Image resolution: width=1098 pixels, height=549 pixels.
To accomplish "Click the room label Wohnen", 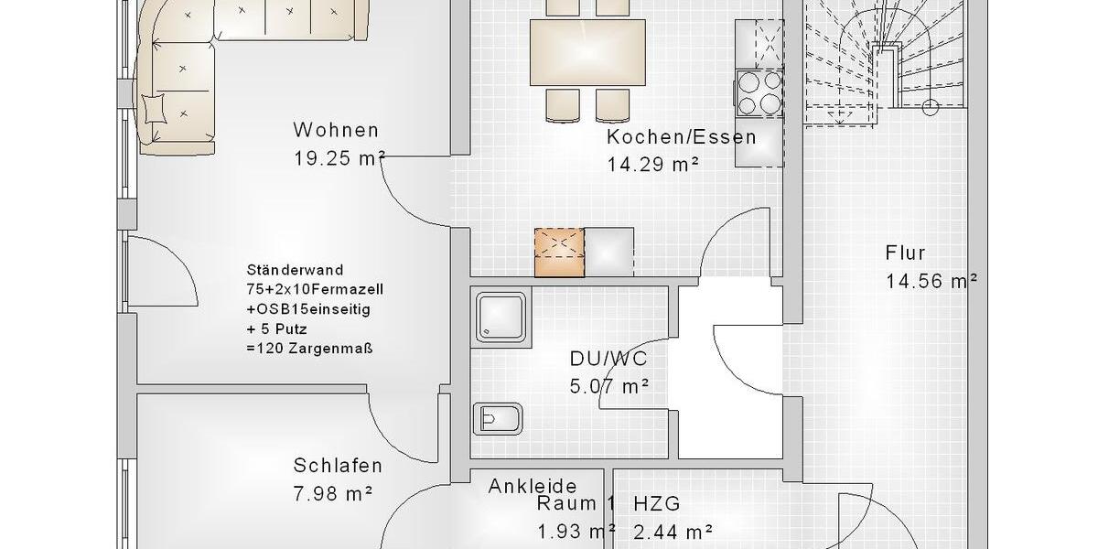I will point(336,130).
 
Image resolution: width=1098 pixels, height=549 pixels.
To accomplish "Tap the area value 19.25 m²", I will point(339,157).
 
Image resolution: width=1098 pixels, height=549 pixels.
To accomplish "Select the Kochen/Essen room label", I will point(681,138).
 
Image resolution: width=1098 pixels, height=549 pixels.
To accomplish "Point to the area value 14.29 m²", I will point(653,165).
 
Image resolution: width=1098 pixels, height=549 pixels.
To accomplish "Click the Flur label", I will point(905,253).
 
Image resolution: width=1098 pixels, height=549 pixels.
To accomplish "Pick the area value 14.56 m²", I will point(931,281).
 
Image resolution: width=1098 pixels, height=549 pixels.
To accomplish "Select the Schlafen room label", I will point(338,466).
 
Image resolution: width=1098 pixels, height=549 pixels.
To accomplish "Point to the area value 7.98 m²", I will point(333,493).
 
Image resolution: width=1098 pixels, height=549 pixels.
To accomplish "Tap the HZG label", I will point(656,503).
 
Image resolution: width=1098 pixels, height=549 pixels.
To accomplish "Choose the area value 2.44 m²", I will point(673,531).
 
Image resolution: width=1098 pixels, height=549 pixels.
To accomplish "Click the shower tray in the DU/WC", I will point(501,317).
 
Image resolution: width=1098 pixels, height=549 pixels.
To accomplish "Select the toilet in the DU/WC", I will point(497,420).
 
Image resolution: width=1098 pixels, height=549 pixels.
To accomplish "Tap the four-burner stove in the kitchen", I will point(759,92).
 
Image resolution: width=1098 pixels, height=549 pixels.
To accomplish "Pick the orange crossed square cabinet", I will point(559,251).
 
